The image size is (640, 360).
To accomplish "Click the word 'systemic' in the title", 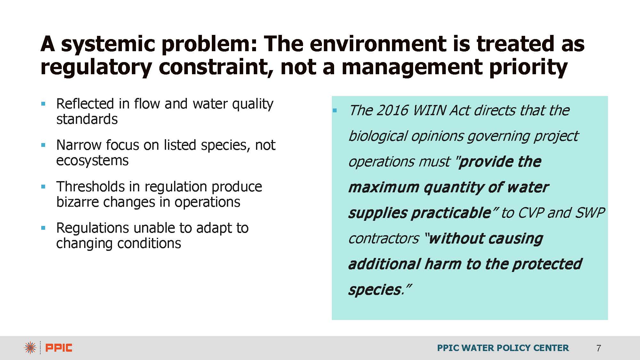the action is coord(108,44).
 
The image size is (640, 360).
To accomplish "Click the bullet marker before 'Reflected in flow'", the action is coord(44,104).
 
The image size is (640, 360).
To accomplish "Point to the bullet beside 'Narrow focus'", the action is coord(44,145).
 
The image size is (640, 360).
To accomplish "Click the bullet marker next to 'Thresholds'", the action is coord(44,187).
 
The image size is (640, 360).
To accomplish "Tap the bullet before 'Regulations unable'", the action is coord(44,228).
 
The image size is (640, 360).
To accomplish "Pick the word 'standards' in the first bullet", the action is coord(87,119).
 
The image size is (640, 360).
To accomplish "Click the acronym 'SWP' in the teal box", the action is coord(590,213).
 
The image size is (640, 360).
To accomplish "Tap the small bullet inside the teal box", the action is coord(335,110).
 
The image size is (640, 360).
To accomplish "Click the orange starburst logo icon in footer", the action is coord(30,348).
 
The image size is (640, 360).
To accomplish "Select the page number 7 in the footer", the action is coord(599,348).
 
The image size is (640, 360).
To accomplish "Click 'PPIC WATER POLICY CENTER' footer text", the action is coord(503,348).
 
